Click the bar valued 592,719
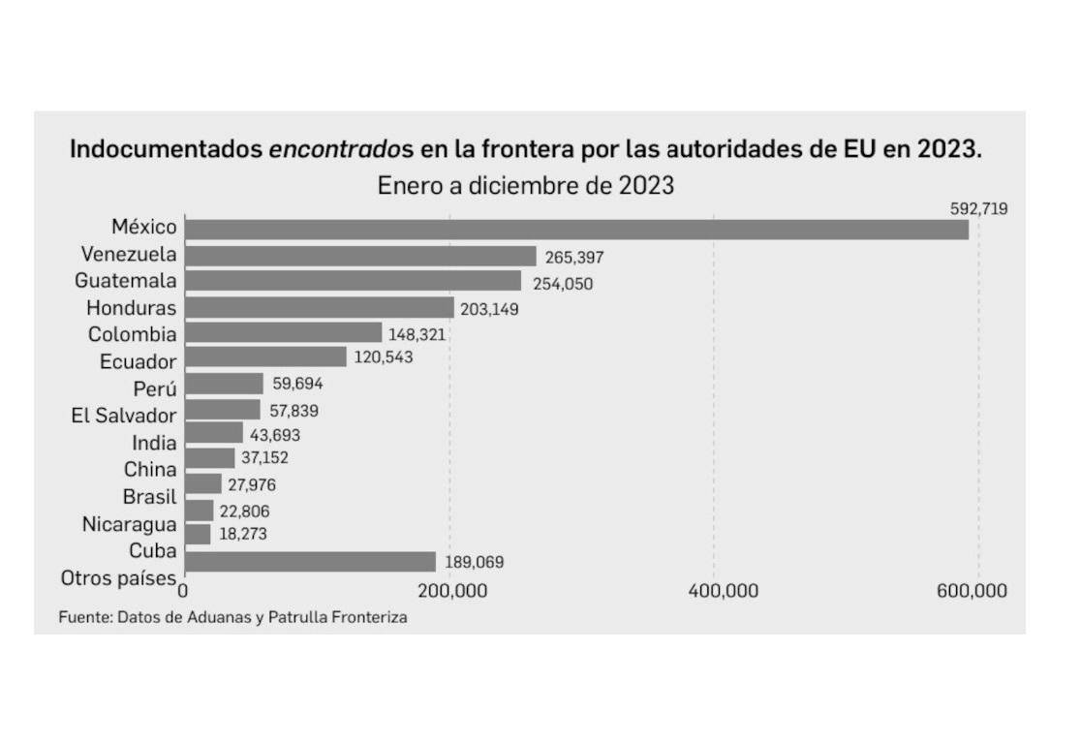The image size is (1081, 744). (576, 230)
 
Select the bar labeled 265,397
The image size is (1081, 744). (360, 256)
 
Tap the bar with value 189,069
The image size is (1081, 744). (310, 562)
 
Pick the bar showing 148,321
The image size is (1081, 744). (283, 332)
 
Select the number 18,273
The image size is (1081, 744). (243, 534)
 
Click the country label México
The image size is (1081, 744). (143, 227)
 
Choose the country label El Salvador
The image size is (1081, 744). (124, 416)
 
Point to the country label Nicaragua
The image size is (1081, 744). (129, 524)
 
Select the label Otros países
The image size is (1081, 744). (118, 578)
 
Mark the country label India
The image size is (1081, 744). (154, 443)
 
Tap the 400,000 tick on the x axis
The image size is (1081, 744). (716, 591)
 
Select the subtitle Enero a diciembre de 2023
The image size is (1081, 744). (526, 185)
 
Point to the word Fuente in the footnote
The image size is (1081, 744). (81, 617)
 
